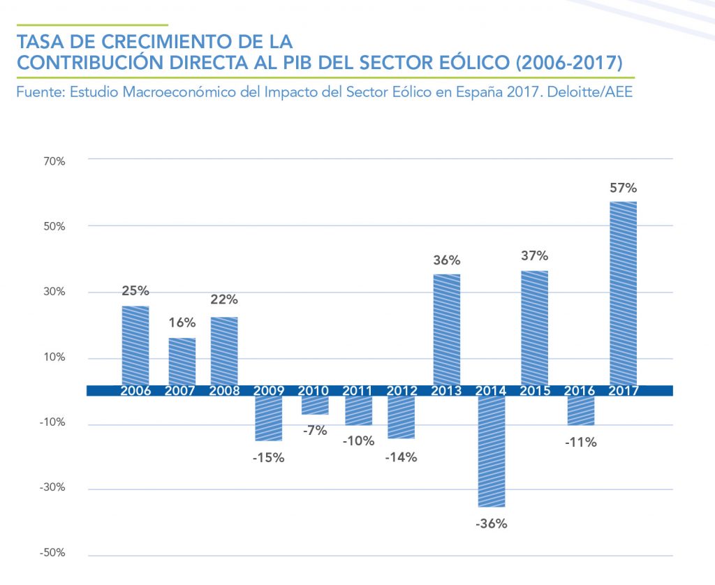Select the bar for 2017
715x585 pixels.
coord(623,293)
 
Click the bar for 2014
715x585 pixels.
coord(491,451)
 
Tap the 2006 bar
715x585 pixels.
coord(135,346)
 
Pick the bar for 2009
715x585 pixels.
coord(268,418)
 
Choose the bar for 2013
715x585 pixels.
coord(447,329)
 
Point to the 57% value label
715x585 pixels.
coord(623,188)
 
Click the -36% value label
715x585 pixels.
coord(492,522)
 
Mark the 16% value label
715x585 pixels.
coord(182,323)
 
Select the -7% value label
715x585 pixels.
coord(315,430)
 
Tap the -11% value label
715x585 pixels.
coord(581,441)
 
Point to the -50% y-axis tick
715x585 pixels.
coord(54,553)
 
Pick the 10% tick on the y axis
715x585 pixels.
coord(56,357)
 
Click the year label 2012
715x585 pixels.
coord(401,390)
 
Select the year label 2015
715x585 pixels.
coord(534,390)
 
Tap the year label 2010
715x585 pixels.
coord(314,390)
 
